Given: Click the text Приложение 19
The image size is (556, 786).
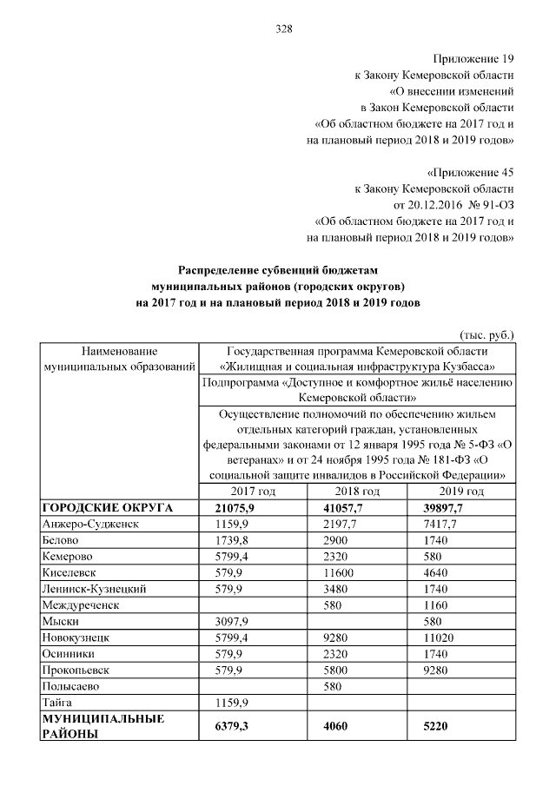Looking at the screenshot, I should [x=476, y=59].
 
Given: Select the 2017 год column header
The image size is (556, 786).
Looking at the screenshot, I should [x=253, y=492].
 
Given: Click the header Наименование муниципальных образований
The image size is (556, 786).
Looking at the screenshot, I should [x=119, y=360].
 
